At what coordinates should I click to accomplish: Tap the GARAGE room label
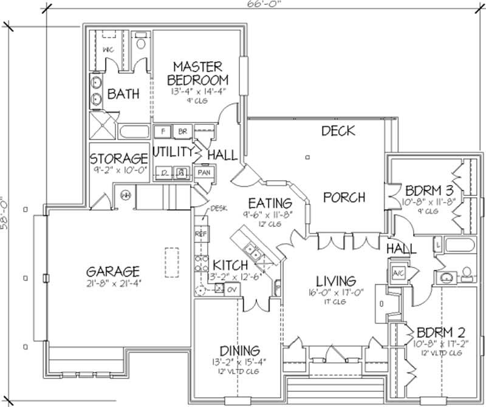pyautogui.click(x=112, y=271)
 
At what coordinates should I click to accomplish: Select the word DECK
pyautogui.click(x=338, y=130)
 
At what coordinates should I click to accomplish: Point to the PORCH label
pyautogui.click(x=344, y=197)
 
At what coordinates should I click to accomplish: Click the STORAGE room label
pyautogui.click(x=119, y=159)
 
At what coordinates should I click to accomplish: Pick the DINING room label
pyautogui.click(x=241, y=351)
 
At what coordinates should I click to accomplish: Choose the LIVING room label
pyautogui.click(x=335, y=281)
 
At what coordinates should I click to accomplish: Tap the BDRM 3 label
pyautogui.click(x=426, y=188)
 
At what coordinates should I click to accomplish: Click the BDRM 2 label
pyautogui.click(x=441, y=332)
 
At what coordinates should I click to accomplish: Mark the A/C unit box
pyautogui.click(x=399, y=272)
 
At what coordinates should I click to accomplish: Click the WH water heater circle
pyautogui.click(x=126, y=195)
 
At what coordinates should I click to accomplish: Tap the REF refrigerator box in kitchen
pyautogui.click(x=200, y=233)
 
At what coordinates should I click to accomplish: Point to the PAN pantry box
pyautogui.click(x=204, y=173)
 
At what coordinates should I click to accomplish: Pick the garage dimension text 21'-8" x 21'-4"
pyautogui.click(x=112, y=283)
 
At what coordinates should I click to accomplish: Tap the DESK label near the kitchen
pyautogui.click(x=218, y=209)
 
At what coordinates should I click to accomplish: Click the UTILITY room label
pyautogui.click(x=173, y=152)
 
